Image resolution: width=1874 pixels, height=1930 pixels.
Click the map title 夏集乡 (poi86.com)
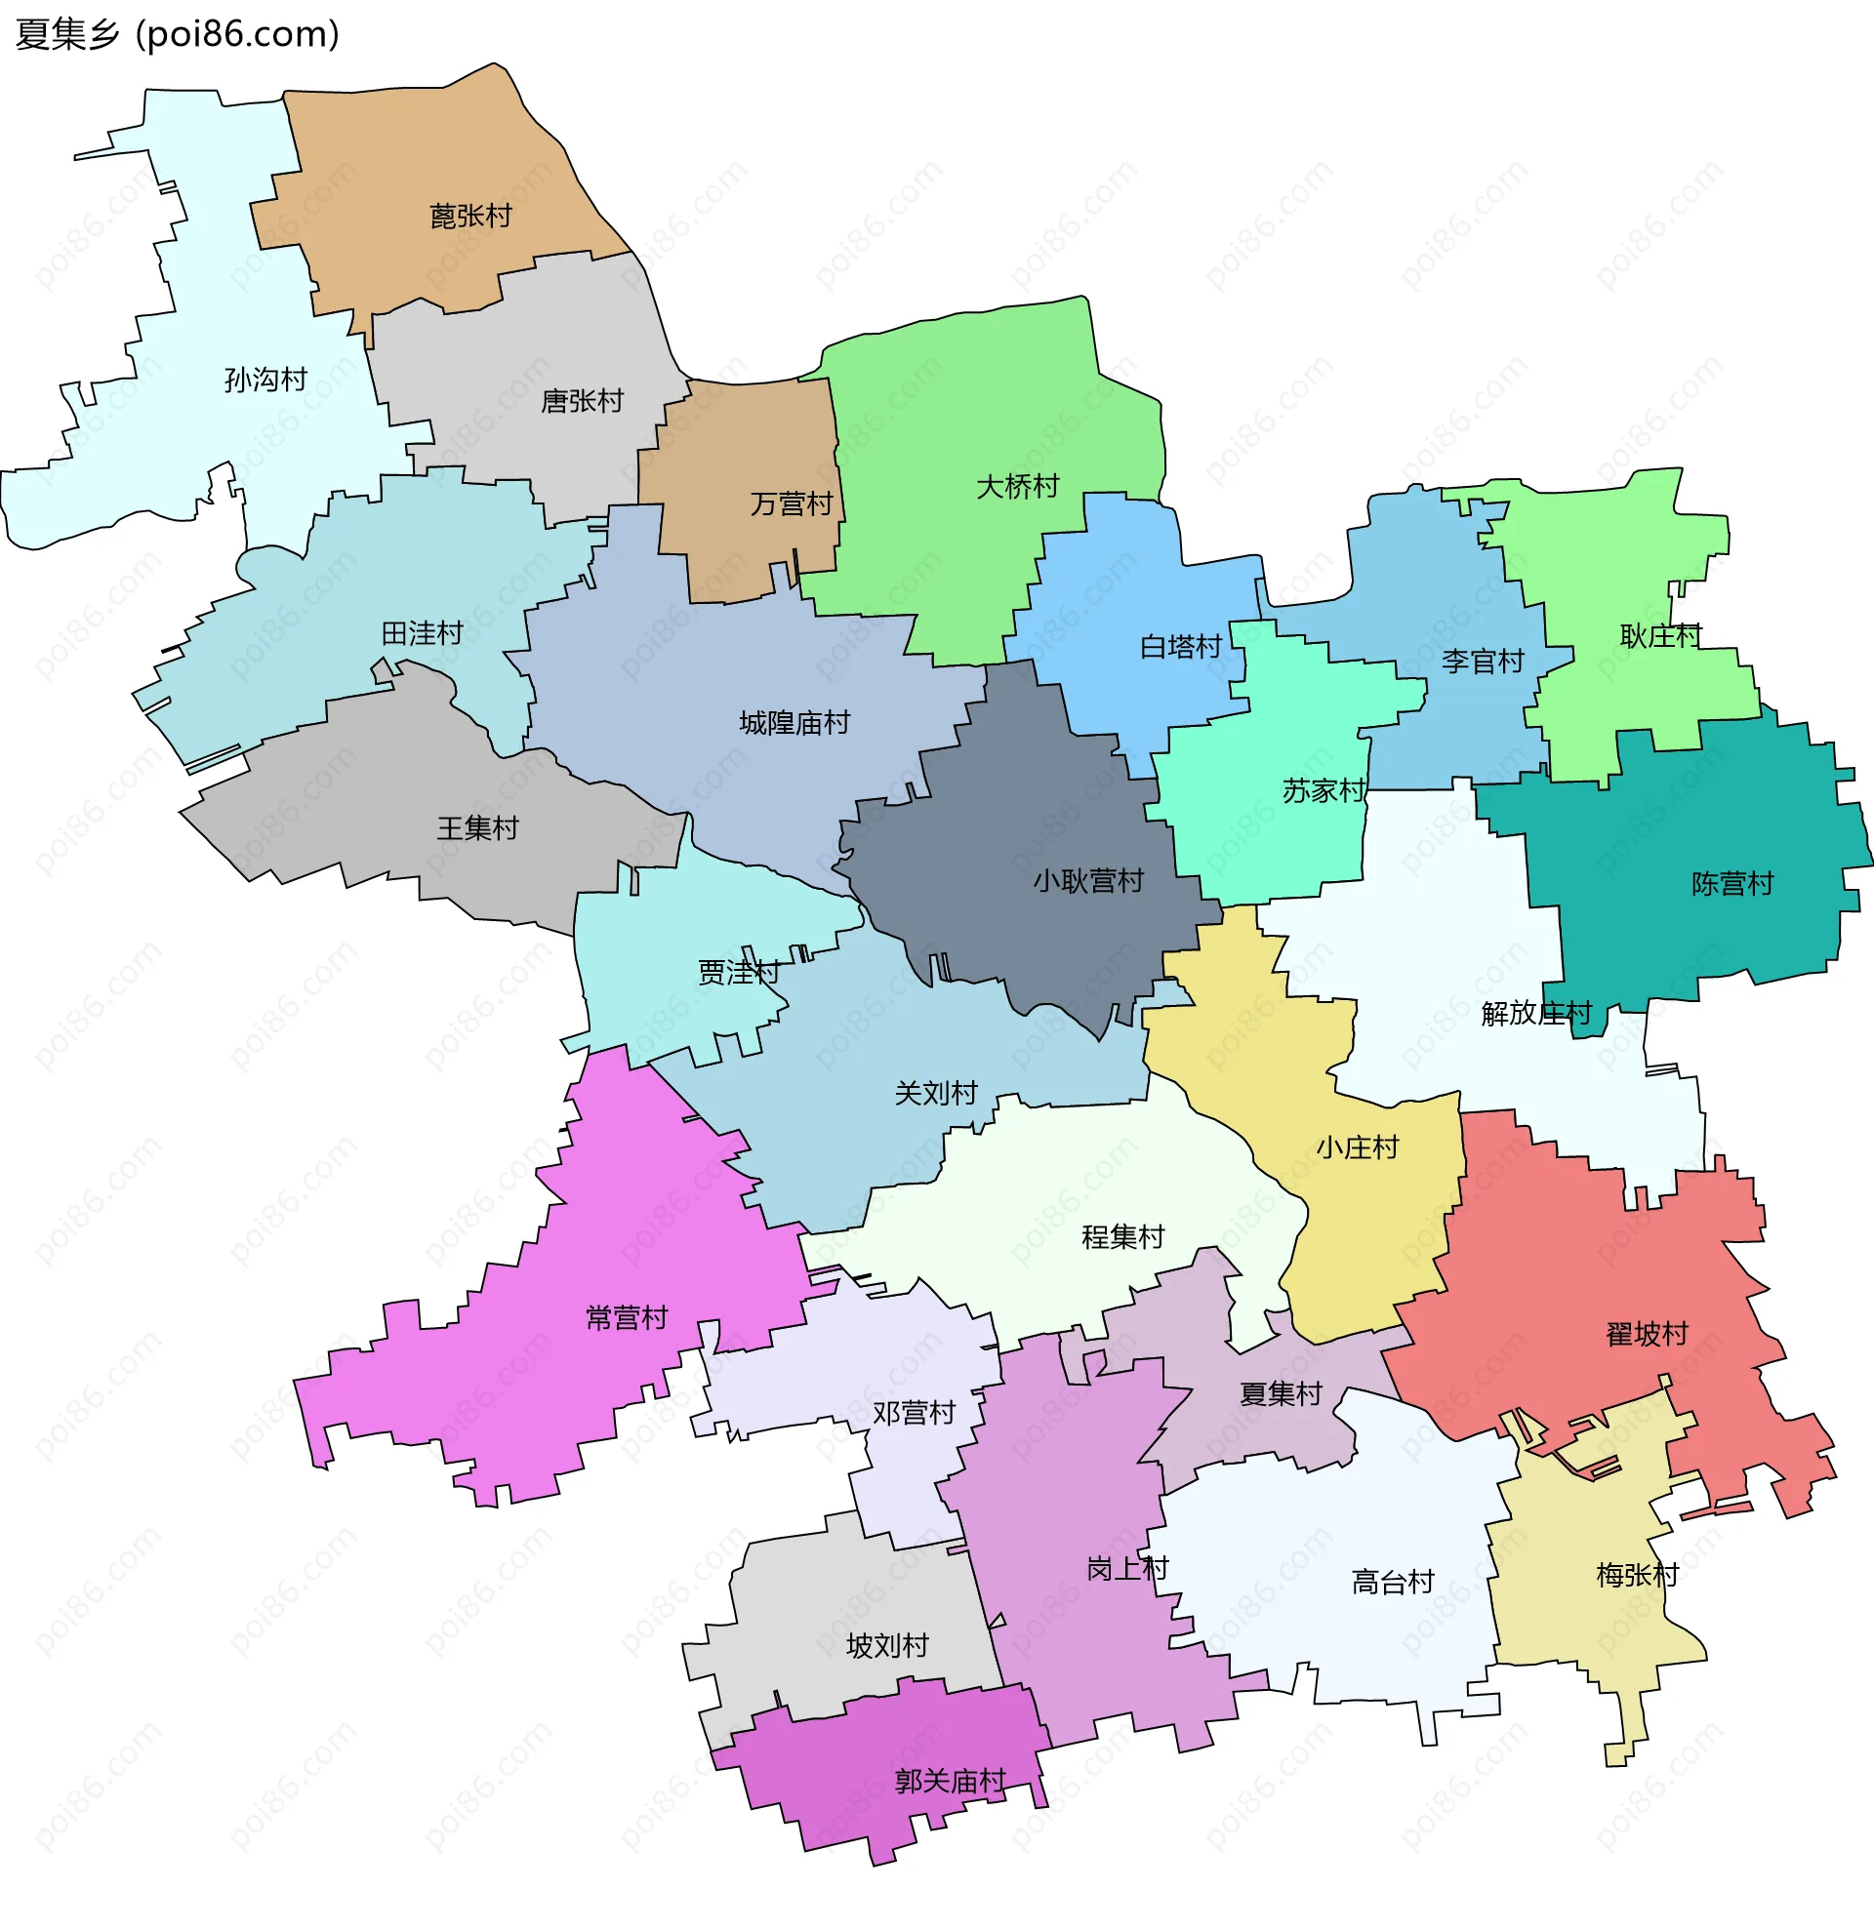[x=178, y=34]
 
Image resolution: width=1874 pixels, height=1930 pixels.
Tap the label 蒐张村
[x=470, y=216]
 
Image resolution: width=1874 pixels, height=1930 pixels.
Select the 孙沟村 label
[x=265, y=380]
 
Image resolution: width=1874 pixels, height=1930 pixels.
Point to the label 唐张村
[x=582, y=401]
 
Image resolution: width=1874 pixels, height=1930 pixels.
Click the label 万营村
[x=792, y=503]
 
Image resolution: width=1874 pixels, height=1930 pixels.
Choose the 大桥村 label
[x=1017, y=486]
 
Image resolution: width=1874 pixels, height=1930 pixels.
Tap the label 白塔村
[x=1181, y=646]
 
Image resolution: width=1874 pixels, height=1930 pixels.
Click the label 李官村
[x=1482, y=661]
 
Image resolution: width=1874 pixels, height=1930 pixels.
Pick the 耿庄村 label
[x=1660, y=635]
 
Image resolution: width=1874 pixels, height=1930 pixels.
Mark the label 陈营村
[x=1732, y=883]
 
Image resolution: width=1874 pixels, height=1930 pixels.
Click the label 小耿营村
[x=1088, y=880]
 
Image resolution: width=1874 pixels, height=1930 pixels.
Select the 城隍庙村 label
[x=794, y=723]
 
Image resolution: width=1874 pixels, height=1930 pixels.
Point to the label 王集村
[x=477, y=828]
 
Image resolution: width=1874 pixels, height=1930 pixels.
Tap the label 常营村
[x=627, y=1317]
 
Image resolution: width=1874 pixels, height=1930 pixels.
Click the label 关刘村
[x=935, y=1093]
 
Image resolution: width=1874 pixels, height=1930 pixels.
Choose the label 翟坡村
[x=1647, y=1334]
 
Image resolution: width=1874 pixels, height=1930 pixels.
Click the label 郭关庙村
[x=950, y=1782]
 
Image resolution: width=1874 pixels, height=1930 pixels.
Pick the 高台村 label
[x=1393, y=1583]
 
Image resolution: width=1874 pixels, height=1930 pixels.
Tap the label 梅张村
[x=1637, y=1576]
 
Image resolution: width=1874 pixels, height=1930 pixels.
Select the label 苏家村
[x=1324, y=789]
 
